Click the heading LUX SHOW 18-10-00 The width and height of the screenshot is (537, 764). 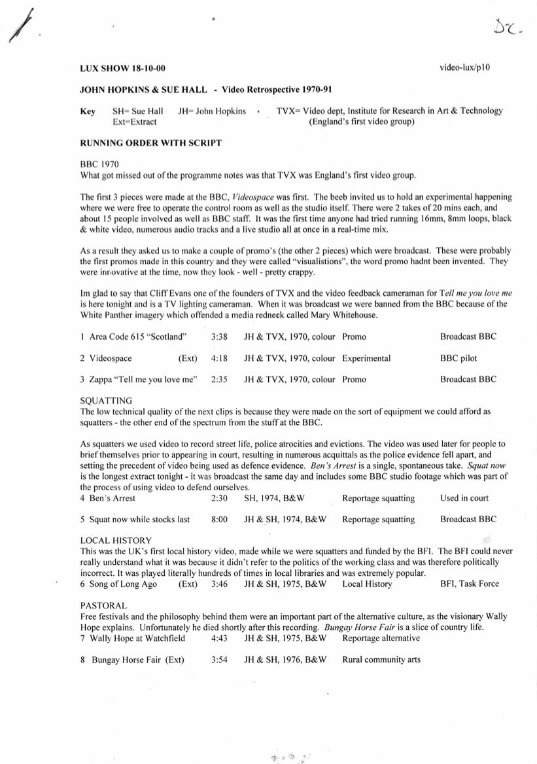tap(122, 69)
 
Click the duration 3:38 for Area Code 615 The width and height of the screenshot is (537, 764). tap(220, 337)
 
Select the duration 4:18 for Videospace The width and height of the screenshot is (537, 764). tap(220, 358)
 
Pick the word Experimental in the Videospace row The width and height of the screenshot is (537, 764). tap(366, 358)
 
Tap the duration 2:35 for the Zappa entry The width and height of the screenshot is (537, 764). tap(220, 379)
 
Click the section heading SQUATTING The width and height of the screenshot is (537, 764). tap(106, 400)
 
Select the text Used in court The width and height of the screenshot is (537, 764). tap(464, 498)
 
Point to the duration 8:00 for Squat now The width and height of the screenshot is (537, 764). tap(220, 520)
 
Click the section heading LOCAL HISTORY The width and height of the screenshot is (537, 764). tap(116, 540)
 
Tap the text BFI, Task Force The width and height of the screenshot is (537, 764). tap(470, 584)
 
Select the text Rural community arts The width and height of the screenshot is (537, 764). tap(381, 659)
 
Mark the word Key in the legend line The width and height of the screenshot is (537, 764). tap(88, 111)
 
